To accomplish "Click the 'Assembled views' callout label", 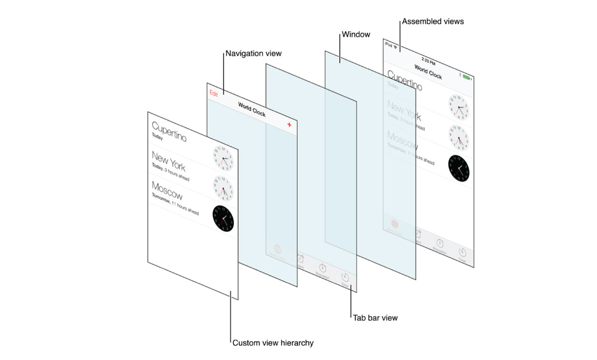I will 432,21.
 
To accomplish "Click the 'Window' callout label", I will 356,35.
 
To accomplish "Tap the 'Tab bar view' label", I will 375,317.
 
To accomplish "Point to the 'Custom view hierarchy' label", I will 273,343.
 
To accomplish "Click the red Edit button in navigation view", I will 214,93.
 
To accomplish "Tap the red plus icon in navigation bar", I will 290,125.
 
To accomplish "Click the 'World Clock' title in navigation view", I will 252,109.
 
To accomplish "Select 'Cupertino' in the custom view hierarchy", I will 169,131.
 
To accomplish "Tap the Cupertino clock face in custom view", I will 223,159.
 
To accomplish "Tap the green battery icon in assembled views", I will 466,78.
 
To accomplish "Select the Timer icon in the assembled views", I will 462,253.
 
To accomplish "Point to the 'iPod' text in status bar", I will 388,45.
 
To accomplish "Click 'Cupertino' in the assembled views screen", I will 404,80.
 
